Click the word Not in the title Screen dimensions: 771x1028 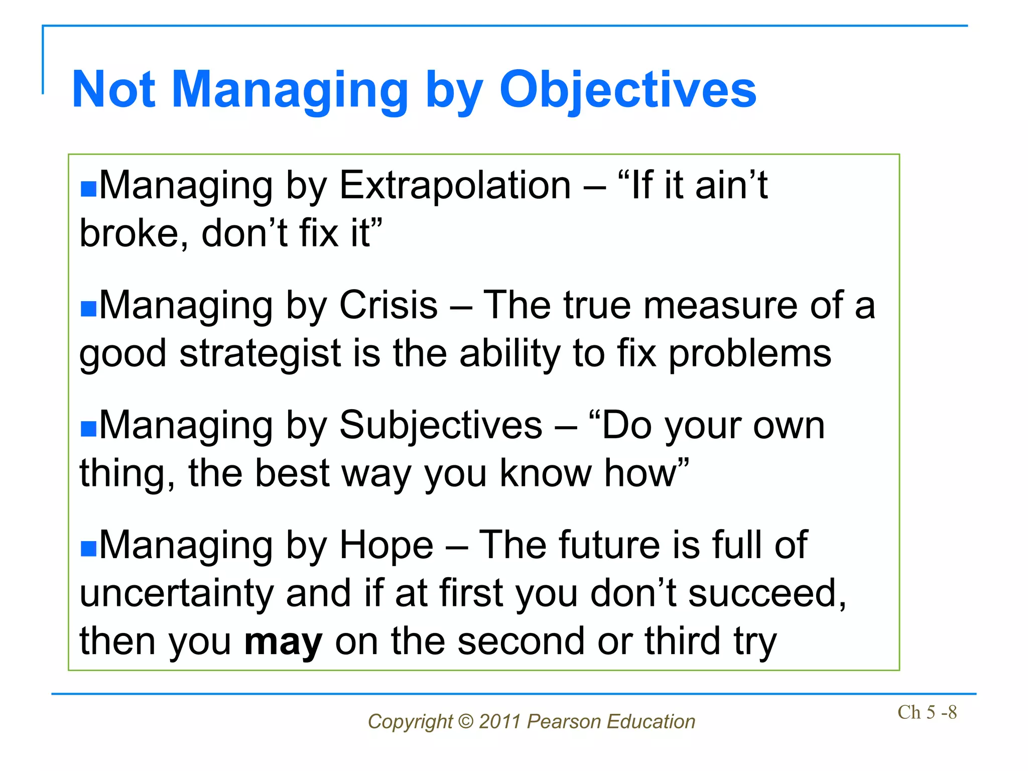click(114, 90)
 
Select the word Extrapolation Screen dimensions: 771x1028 click(455, 186)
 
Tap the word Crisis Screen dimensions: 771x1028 click(389, 305)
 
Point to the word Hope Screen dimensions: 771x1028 click(387, 545)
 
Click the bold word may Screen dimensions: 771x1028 click(283, 642)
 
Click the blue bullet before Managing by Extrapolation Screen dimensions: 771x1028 click(88, 189)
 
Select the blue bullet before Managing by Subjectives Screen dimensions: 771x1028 click(88, 429)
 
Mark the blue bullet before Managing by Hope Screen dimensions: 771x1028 click(88, 549)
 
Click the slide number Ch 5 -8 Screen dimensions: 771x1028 click(927, 712)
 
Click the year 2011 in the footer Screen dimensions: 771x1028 click(499, 722)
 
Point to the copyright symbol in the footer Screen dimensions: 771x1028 click(466, 722)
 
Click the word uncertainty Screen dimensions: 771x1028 click(176, 594)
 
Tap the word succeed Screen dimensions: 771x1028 click(766, 594)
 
